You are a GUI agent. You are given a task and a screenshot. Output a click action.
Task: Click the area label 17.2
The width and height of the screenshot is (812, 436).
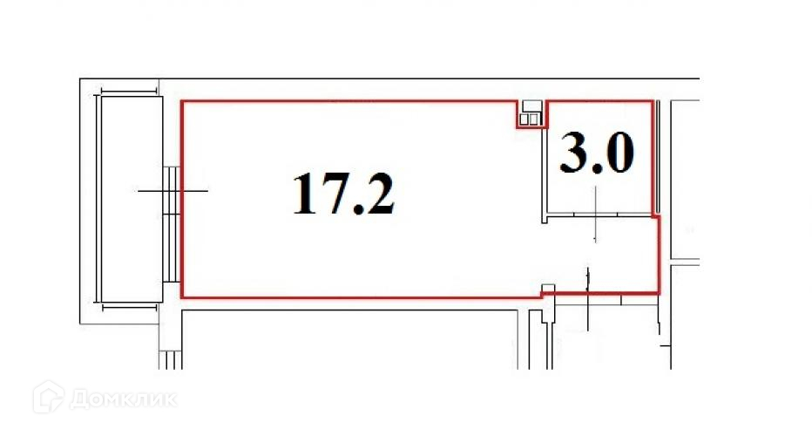coord(344,194)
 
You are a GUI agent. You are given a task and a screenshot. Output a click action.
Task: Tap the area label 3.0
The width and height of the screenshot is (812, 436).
coord(597,153)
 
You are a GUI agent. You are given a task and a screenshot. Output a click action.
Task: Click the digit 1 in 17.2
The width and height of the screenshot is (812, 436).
coord(305,194)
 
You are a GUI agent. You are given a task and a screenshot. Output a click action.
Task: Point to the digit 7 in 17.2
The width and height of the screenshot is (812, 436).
coord(332,194)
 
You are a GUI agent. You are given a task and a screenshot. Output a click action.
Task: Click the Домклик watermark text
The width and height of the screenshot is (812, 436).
coord(123,399)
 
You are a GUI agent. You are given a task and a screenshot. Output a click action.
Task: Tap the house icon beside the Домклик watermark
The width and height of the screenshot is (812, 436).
coord(49,397)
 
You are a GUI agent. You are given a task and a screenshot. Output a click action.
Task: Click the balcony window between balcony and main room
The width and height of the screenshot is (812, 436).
coord(172,224)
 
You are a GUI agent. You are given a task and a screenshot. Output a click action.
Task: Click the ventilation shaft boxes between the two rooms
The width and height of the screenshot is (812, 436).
coord(531,113)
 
